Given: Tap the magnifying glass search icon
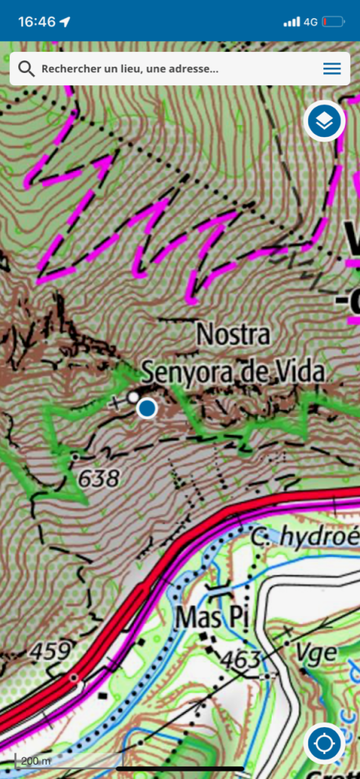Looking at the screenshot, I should pos(26,68).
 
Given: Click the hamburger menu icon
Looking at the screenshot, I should pos(332,68).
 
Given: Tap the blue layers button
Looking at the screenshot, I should pos(325,121).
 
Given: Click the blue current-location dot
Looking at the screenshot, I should pos(147,409).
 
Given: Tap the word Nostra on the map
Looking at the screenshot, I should pos(233,334).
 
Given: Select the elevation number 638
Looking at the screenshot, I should pos(99,479).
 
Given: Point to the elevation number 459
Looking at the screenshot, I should pos(51,651).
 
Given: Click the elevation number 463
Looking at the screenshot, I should pos(244,660).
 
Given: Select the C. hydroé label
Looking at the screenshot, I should pos(304,537).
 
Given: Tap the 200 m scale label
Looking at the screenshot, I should pos(35,761).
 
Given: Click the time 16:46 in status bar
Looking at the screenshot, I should pos(37,21).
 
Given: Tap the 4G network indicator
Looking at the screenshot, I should pos(310,21).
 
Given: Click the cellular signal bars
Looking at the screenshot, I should pos(292,21).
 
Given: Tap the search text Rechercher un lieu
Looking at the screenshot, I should pos(129,68).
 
